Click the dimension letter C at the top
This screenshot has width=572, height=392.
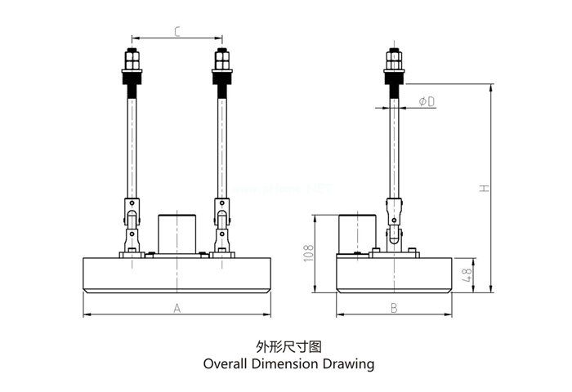177,32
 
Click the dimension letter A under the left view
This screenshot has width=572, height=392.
177,308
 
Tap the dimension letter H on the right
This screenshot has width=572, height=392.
485,188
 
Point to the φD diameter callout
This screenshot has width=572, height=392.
426,101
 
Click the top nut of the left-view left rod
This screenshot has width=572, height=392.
131,60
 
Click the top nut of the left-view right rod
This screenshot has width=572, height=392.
221,60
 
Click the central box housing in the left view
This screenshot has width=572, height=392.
176,233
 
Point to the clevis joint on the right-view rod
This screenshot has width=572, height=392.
394,220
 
